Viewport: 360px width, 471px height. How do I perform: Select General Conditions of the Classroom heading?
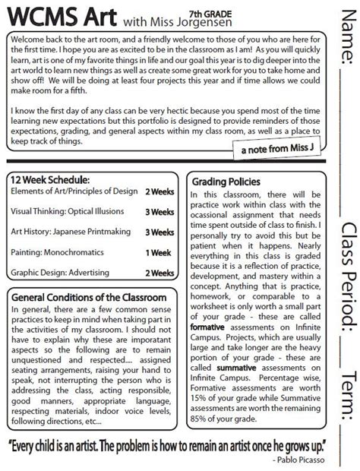pyautogui.click(x=84, y=276)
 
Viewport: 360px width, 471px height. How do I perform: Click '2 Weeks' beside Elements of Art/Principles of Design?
pyautogui.click(x=159, y=193)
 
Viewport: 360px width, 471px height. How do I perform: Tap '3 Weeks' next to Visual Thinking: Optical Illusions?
pyautogui.click(x=159, y=212)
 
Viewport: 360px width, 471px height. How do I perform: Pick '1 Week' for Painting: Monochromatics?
pyautogui.click(x=159, y=251)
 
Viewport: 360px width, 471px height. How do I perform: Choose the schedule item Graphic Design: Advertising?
pyautogui.click(x=62, y=271)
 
